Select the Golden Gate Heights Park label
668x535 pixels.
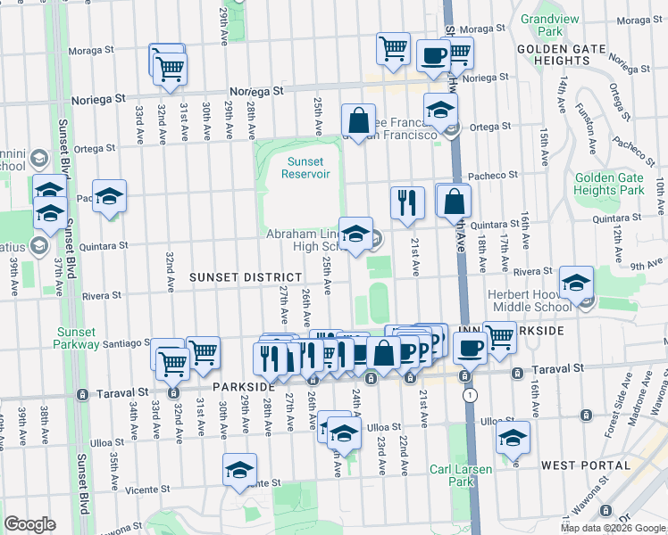pyautogui.click(x=608, y=184)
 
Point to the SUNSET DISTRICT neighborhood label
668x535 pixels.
pyautogui.click(x=238, y=277)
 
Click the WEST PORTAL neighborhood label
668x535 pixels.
pyautogui.click(x=575, y=465)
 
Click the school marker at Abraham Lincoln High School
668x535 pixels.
pyautogui.click(x=356, y=234)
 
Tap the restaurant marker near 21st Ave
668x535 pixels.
pyautogui.click(x=405, y=202)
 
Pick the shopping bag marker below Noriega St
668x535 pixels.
pyautogui.click(x=358, y=119)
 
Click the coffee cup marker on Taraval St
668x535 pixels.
pyautogui.click(x=469, y=347)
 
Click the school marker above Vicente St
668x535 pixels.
pyautogui.click(x=239, y=469)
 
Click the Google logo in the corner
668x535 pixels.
pyautogui.click(x=29, y=524)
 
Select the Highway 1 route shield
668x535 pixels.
pyautogui.click(x=470, y=395)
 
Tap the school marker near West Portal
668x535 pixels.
pyautogui.click(x=513, y=437)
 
